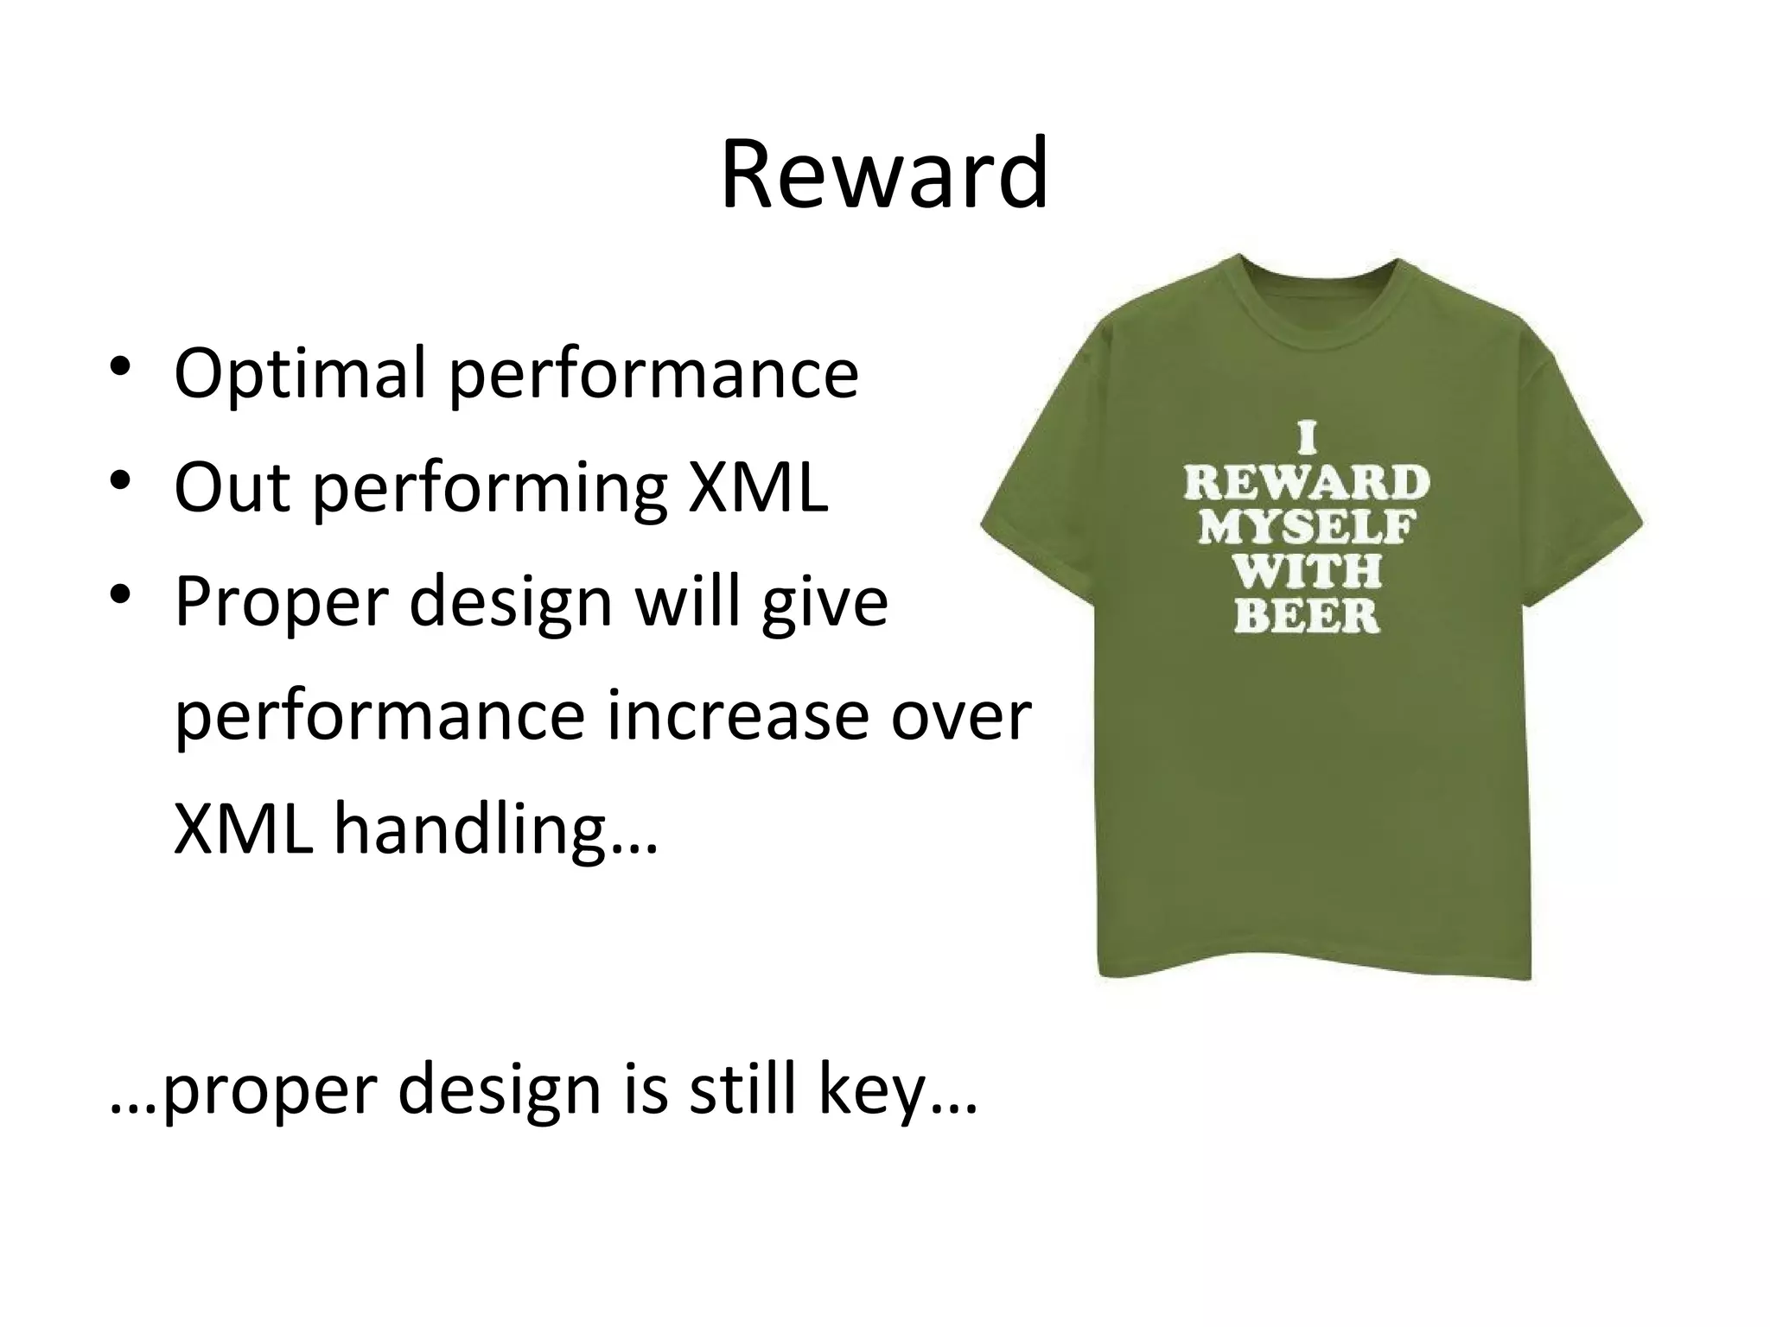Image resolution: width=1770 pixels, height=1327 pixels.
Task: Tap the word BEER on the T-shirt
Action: click(x=1306, y=616)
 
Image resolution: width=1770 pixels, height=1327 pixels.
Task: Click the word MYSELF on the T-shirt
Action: click(x=1306, y=526)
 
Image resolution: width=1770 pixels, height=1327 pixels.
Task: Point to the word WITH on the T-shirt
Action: click(x=1306, y=571)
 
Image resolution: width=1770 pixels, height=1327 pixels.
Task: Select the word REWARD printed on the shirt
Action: click(x=1306, y=482)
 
